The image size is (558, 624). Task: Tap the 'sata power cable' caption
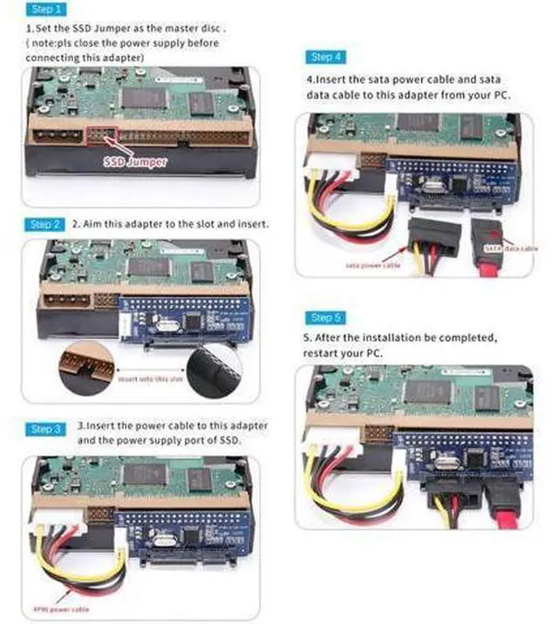click(373, 265)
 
